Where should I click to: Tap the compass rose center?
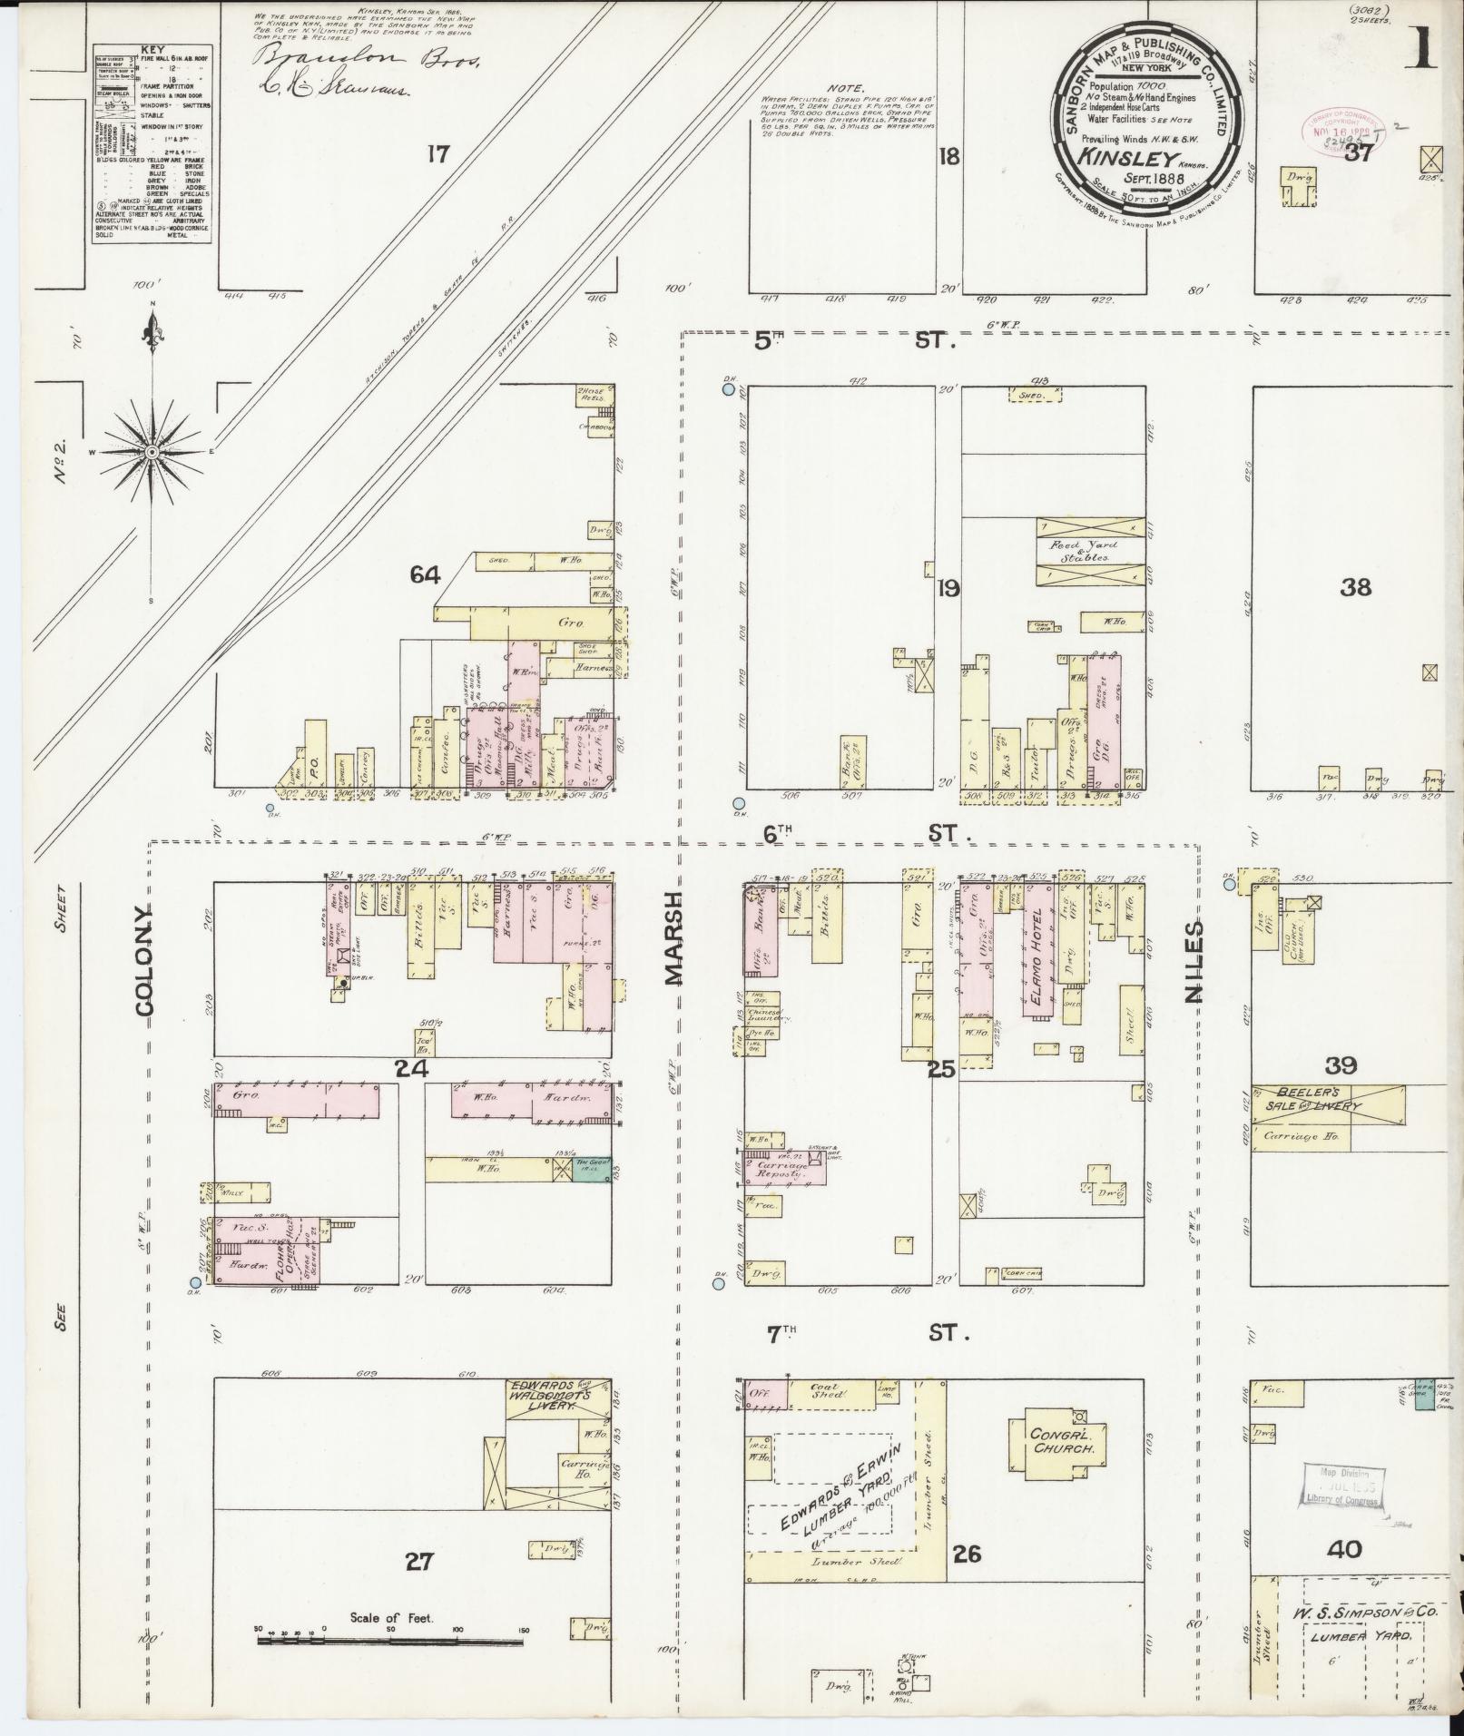point(152,451)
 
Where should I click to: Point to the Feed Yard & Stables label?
point(1086,552)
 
